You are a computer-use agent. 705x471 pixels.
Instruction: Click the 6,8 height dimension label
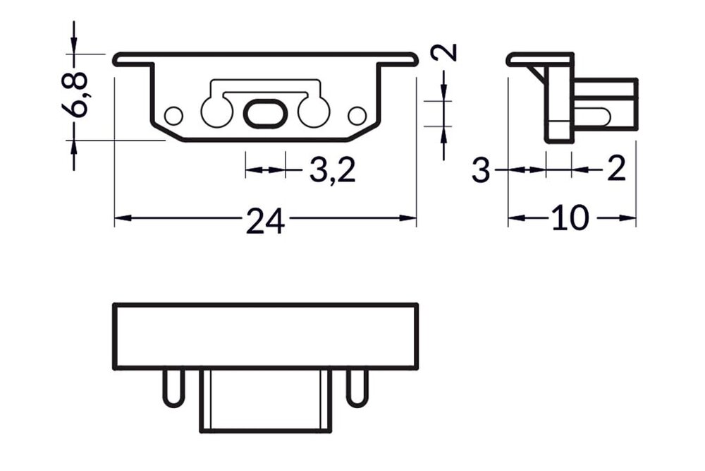click(79, 94)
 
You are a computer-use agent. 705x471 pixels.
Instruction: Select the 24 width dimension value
click(265, 222)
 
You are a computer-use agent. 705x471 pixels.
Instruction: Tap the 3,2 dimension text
click(332, 171)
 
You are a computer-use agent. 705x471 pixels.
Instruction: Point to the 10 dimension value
click(570, 219)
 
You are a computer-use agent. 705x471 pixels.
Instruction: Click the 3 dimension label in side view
click(481, 171)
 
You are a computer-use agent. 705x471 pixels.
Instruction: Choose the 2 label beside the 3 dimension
click(616, 170)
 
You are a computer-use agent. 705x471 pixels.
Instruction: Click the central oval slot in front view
click(265, 113)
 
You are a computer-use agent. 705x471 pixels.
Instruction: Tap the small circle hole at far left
click(173, 114)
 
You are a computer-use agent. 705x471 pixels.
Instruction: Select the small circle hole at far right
click(357, 114)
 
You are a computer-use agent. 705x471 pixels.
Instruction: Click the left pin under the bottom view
click(173, 387)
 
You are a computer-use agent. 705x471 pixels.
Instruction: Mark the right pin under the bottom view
click(357, 387)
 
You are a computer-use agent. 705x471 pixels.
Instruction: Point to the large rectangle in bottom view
click(265, 336)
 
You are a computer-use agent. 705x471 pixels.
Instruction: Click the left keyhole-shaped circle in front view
click(216, 111)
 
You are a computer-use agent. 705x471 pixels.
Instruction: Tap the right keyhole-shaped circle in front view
click(314, 111)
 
